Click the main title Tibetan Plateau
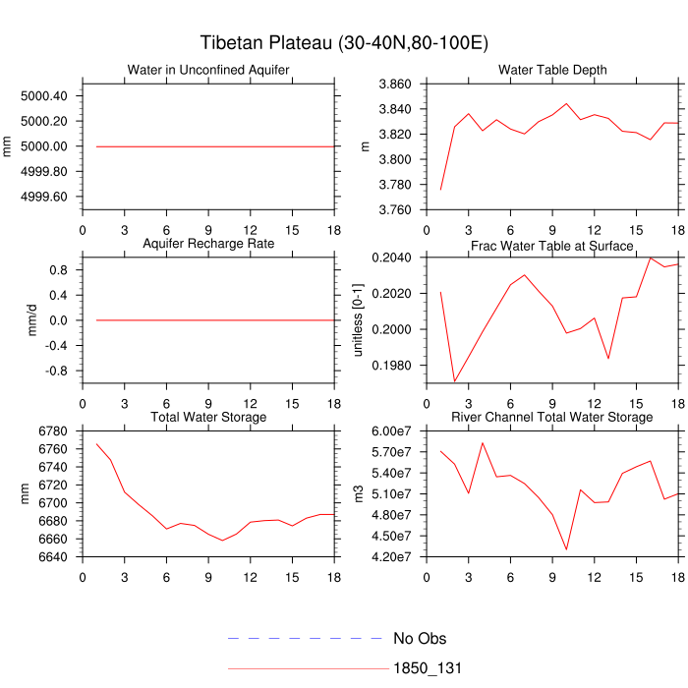(344, 43)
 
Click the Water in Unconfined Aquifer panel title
(207, 70)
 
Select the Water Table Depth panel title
(552, 70)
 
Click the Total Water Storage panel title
(208, 418)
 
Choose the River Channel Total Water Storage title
(552, 418)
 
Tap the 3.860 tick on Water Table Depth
(393, 85)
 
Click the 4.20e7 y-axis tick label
(390, 557)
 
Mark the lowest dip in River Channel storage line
(566, 549)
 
